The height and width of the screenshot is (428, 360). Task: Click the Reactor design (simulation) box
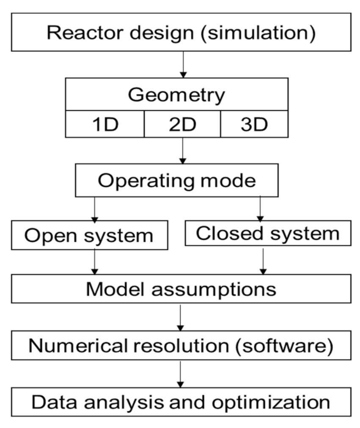(181, 33)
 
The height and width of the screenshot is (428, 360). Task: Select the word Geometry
(176, 95)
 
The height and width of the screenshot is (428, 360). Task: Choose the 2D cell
(182, 124)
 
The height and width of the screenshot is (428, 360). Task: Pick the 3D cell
(254, 124)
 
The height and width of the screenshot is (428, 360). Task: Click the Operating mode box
(177, 181)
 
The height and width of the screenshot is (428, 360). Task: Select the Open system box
(89, 235)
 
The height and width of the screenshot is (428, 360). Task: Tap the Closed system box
(268, 233)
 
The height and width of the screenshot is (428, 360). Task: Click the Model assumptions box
(181, 289)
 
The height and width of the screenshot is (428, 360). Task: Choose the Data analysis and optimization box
(181, 402)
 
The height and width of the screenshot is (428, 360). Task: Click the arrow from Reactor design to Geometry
(183, 64)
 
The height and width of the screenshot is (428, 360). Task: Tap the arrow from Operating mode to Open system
(94, 209)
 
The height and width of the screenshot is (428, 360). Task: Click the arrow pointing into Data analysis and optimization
(181, 373)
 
